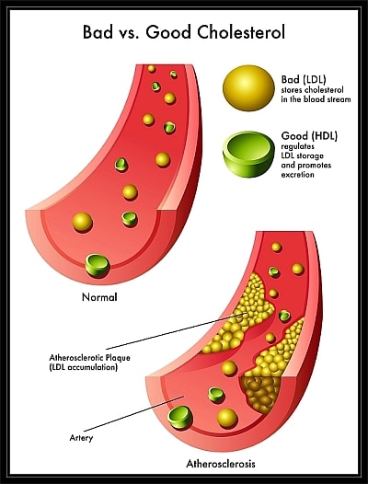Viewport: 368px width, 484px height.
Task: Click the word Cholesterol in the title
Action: point(240,32)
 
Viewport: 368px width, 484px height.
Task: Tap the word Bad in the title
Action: point(98,32)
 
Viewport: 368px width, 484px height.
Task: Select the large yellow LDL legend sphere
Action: point(248,88)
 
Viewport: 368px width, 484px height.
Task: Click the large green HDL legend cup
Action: point(248,154)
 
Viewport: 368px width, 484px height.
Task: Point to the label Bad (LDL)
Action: point(304,80)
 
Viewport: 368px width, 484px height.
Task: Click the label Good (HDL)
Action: point(309,136)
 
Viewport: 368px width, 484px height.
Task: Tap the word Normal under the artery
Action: point(99,297)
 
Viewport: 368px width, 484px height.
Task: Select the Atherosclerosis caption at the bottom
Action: point(221,464)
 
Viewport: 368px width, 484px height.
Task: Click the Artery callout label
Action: point(81,438)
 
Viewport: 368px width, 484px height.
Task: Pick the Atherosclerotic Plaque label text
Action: point(89,358)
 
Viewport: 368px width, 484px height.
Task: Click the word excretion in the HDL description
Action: point(297,175)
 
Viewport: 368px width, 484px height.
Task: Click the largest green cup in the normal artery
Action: point(98,265)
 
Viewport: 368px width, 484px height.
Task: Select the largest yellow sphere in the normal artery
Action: point(83,222)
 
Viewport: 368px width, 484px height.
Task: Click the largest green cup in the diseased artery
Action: point(179,418)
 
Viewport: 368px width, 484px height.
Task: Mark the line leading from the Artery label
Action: point(134,414)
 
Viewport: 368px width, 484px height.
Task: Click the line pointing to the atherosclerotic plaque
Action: point(177,331)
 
